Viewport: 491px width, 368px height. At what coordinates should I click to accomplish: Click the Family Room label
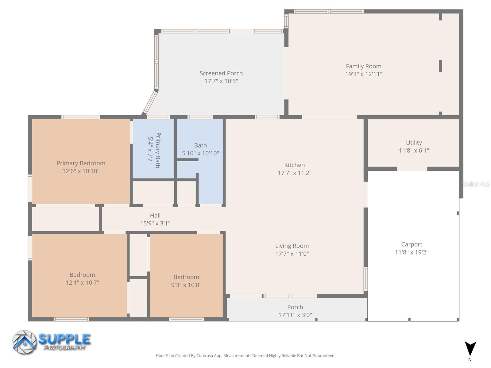[x=363, y=66]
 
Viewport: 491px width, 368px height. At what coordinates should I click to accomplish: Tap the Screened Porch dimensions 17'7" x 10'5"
[x=221, y=81]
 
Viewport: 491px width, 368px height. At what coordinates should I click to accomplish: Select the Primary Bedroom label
[x=81, y=163]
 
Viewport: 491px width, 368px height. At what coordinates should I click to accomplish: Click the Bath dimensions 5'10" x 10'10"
[x=200, y=153]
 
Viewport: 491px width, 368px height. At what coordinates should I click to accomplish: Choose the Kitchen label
[x=294, y=165]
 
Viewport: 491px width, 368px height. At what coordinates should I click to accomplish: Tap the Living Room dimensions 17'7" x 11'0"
[x=292, y=254]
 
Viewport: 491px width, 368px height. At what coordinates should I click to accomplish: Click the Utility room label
[x=414, y=143]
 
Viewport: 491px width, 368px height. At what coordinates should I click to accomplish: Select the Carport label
[x=412, y=244]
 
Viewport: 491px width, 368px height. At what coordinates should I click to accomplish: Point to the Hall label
[x=155, y=216]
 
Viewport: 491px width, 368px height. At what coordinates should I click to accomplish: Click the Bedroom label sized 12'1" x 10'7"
[x=82, y=275]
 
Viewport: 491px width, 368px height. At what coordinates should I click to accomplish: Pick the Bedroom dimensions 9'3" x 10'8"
[x=186, y=285]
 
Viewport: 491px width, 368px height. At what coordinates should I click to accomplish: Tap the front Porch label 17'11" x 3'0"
[x=295, y=307]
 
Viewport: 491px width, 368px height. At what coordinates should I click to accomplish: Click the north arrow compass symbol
[x=470, y=349]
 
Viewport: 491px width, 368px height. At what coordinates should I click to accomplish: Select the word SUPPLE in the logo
[x=64, y=339]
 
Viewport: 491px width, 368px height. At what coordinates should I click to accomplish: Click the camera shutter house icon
[x=24, y=342]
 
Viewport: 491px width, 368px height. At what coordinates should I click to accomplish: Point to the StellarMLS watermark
[x=475, y=184]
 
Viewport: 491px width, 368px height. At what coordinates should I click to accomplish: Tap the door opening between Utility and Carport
[x=412, y=169]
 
